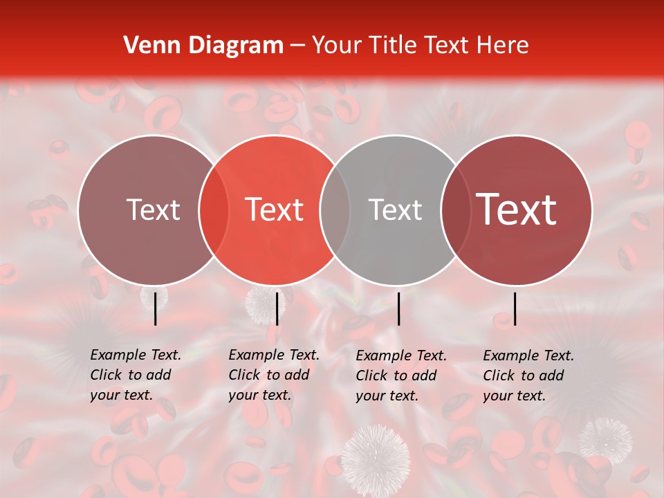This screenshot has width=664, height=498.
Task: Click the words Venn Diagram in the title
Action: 203,46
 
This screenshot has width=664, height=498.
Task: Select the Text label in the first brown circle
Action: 153,210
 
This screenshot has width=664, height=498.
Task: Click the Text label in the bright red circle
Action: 275,210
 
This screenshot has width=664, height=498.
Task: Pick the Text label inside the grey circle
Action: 396,210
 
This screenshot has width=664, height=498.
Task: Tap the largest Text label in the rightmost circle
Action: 517,210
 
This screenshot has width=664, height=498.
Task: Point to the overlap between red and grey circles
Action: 335,210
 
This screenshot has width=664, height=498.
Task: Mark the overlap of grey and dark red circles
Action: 456,210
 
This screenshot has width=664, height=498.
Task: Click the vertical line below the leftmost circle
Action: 156,308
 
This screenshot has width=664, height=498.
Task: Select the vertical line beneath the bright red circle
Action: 277,308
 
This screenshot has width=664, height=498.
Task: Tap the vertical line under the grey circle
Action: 399,308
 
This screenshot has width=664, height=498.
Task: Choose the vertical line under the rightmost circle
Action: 515,308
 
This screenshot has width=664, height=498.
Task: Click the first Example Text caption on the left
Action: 136,355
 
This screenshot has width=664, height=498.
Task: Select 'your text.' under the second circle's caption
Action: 259,396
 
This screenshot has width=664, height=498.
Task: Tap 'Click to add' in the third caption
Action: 396,376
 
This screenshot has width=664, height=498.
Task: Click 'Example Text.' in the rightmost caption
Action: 528,356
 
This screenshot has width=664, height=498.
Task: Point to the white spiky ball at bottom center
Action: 375,453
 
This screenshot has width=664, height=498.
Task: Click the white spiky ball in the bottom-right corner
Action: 605,440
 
